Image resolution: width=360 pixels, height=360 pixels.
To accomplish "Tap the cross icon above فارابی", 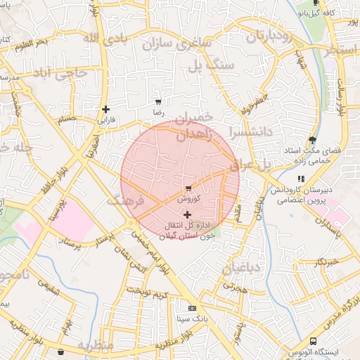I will (x=105, y=109).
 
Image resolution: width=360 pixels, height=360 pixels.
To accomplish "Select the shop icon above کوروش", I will (x=188, y=188).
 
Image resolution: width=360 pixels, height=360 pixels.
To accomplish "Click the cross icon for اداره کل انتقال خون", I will (x=186, y=214).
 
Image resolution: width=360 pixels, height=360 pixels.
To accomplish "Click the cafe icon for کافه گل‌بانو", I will (x=316, y=3).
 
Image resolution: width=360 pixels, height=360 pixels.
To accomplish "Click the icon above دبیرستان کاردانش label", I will (x=301, y=179).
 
